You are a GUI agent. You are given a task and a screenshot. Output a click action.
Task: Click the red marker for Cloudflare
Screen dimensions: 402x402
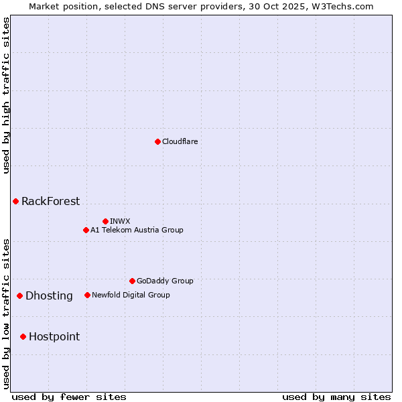(x=157, y=141)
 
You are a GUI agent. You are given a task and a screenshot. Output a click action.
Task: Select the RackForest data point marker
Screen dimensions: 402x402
(x=15, y=201)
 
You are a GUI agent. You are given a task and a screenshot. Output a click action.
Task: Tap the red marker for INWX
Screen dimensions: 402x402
(x=105, y=221)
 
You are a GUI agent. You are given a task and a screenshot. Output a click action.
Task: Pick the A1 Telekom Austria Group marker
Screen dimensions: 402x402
(x=86, y=230)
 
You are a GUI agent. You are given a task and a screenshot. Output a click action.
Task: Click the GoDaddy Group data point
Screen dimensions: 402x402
(x=132, y=281)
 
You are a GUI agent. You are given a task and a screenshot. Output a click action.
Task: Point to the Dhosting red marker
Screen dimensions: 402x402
(x=20, y=295)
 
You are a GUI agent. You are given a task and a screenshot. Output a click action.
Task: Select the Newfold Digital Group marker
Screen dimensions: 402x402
(x=87, y=295)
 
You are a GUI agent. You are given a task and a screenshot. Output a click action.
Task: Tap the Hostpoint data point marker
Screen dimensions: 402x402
(x=23, y=336)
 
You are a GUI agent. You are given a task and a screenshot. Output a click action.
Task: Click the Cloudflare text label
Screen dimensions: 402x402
(x=180, y=141)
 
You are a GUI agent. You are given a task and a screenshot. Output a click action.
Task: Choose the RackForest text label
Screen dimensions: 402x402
(x=50, y=201)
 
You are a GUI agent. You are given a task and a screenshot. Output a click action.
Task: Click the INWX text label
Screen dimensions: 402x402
(x=120, y=221)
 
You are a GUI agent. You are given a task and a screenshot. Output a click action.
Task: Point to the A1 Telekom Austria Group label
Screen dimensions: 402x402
(x=137, y=230)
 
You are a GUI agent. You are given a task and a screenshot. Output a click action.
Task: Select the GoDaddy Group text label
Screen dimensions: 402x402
(x=165, y=281)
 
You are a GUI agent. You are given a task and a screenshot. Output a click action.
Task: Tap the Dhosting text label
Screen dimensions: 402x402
(x=49, y=295)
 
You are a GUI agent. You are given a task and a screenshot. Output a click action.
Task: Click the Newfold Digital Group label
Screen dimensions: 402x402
(x=131, y=295)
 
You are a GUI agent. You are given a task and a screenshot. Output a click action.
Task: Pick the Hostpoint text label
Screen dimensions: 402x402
(x=54, y=336)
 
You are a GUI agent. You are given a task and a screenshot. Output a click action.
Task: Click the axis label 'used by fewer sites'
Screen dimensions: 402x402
(x=69, y=397)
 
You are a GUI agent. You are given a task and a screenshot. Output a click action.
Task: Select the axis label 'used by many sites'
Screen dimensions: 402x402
(x=336, y=397)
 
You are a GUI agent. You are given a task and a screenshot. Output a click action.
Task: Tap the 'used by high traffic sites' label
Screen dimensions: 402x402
(x=6, y=95)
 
